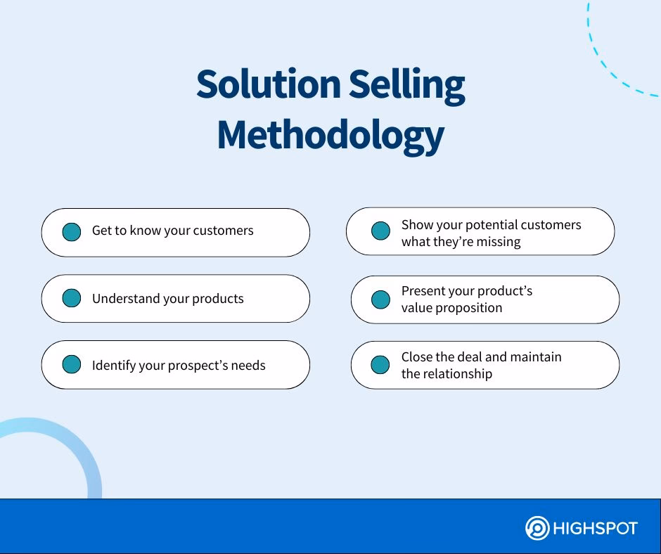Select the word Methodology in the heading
(x=330, y=135)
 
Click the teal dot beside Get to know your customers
(x=72, y=232)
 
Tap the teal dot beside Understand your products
(x=72, y=298)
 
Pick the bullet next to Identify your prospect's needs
(x=72, y=364)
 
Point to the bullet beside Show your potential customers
(x=380, y=231)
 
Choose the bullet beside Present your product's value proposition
(x=380, y=299)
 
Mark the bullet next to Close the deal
(x=380, y=365)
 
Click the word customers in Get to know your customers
(x=223, y=231)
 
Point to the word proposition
(x=468, y=308)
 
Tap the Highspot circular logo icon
(x=537, y=528)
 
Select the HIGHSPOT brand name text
(x=596, y=528)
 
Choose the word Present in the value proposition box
(x=423, y=291)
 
